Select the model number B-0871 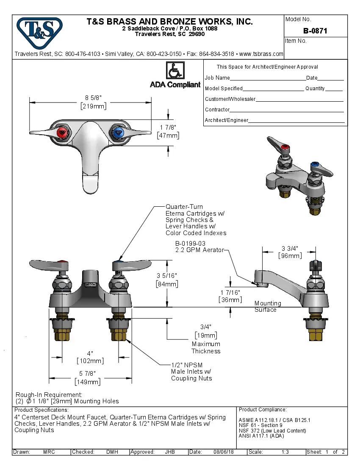pos(315,31)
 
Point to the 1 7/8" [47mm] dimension pos(168,131)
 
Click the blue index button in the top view pos(118,133)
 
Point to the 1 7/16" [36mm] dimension pos(230,296)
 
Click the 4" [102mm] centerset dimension pos(90,357)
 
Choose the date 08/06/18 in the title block pos(224,452)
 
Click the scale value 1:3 pos(285,452)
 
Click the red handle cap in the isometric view pos(286,148)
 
